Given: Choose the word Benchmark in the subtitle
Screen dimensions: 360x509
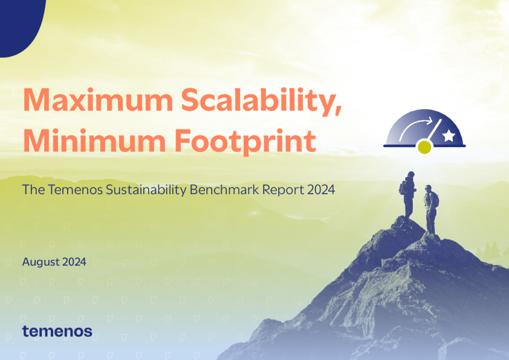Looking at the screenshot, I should (224, 189).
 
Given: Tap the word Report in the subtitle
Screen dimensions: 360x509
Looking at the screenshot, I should (283, 190).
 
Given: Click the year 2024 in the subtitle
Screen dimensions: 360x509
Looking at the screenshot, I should (320, 189).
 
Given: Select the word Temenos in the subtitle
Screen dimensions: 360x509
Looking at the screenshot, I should (73, 189).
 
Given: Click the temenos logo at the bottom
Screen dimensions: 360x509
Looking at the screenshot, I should (57, 331).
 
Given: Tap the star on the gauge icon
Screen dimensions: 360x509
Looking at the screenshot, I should (449, 137).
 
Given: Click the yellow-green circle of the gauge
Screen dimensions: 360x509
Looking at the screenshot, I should (425, 147).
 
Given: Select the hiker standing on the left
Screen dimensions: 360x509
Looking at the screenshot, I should (408, 194).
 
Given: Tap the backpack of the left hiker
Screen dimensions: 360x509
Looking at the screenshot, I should (402, 188).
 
